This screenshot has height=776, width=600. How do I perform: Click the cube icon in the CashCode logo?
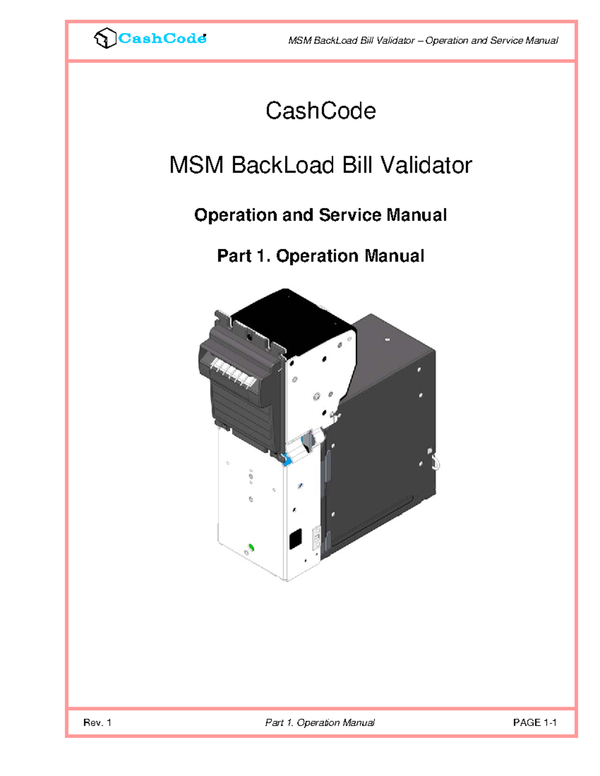(x=105, y=38)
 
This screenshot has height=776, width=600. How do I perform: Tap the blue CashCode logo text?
(x=162, y=38)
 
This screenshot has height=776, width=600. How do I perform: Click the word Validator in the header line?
(x=395, y=40)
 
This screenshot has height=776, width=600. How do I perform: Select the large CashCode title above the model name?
(x=320, y=111)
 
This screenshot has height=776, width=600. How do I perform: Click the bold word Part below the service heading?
(x=234, y=256)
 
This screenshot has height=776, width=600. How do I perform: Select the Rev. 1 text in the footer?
(x=97, y=723)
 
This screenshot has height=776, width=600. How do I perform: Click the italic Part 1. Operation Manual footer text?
(x=320, y=723)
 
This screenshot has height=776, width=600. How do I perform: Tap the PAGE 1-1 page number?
(x=534, y=723)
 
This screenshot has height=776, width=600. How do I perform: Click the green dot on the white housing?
(x=251, y=548)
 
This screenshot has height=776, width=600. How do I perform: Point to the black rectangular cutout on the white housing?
(x=295, y=539)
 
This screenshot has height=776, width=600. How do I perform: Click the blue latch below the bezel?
(x=286, y=459)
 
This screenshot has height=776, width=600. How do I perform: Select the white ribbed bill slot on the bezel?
(x=234, y=374)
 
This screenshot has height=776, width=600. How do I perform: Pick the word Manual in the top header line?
(x=541, y=40)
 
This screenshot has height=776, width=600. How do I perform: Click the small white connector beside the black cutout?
(x=316, y=538)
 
